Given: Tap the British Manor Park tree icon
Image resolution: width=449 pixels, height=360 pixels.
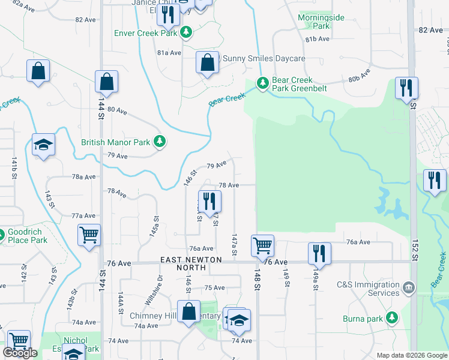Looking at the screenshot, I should (x=160, y=142).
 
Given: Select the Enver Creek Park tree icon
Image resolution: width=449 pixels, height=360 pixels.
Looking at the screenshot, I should (x=187, y=32).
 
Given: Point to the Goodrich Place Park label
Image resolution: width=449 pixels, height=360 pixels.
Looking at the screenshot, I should (x=27, y=236).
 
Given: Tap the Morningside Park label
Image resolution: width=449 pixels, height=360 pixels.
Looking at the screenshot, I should (x=321, y=22).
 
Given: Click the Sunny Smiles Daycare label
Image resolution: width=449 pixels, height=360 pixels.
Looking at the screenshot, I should (x=264, y=59).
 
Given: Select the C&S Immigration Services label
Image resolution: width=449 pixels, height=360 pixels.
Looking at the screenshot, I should (x=368, y=289).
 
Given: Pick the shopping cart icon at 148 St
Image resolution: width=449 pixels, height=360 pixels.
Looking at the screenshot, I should (x=262, y=245).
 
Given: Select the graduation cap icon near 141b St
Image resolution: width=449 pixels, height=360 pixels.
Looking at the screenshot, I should (x=44, y=145).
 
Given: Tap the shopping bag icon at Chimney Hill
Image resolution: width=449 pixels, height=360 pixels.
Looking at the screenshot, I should (x=189, y=312).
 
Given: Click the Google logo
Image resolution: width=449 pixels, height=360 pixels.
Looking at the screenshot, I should (x=20, y=353).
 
